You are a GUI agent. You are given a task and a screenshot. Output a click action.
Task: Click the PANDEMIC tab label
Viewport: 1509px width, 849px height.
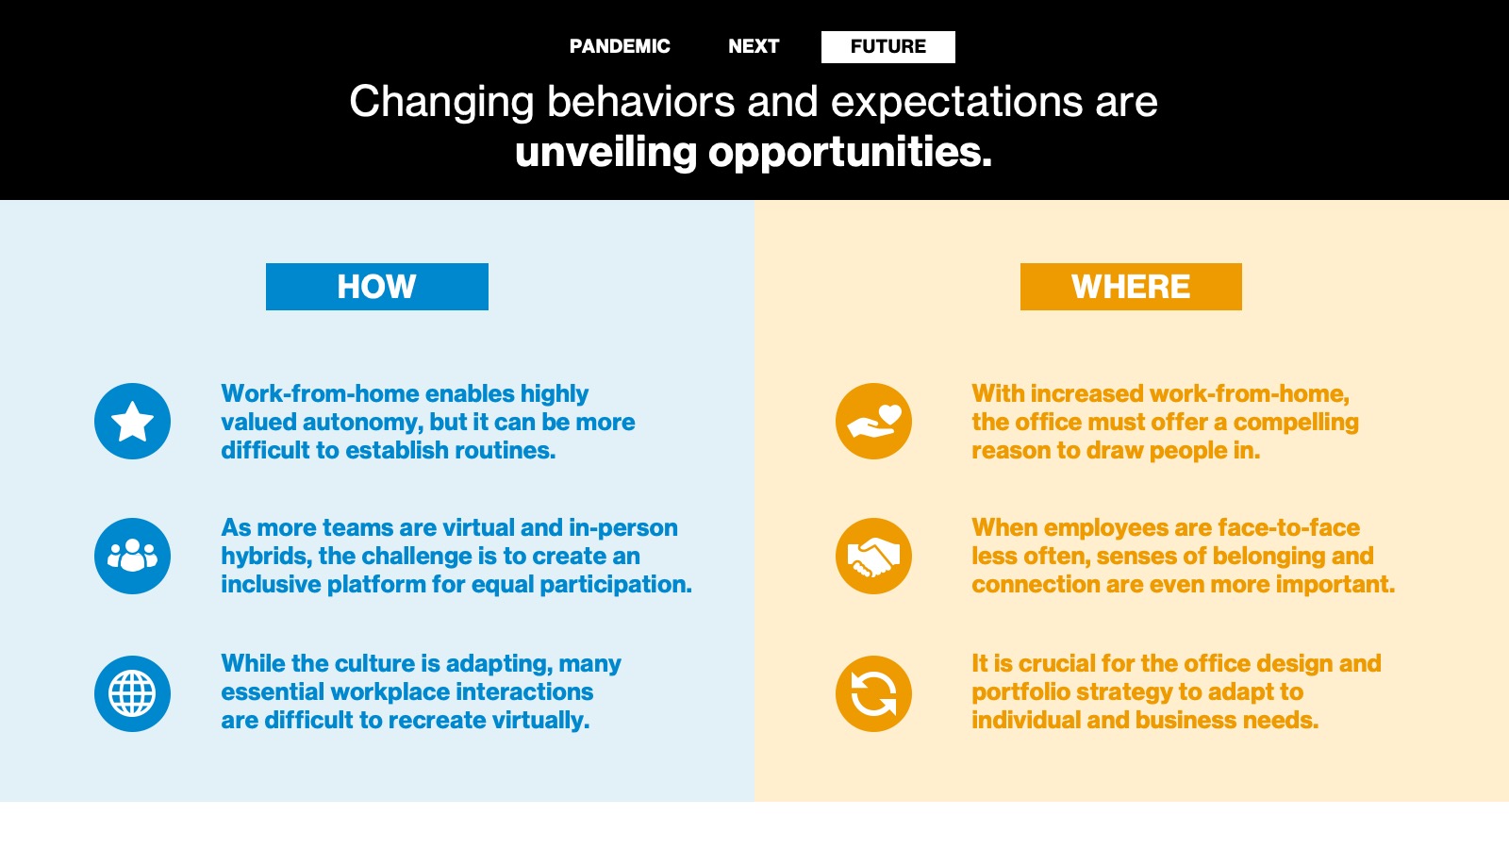[620, 46]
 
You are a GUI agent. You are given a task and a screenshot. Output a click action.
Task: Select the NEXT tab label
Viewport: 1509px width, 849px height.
[754, 46]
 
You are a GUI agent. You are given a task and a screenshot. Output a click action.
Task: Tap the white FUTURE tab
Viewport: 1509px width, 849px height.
[887, 47]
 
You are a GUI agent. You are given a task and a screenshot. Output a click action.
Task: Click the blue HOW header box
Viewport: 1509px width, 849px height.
[377, 287]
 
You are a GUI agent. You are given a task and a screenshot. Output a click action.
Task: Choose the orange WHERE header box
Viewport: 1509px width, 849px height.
[1131, 287]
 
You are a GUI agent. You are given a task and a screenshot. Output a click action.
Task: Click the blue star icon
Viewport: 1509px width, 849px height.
[133, 421]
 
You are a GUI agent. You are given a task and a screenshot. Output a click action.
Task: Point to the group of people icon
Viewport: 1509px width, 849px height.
[133, 556]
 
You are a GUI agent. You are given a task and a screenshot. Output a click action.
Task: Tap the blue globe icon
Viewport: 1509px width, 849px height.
[133, 693]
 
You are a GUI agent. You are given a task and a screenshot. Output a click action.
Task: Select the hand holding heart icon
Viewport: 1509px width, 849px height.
[873, 421]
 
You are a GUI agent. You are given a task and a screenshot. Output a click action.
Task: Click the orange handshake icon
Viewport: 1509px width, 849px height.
[873, 556]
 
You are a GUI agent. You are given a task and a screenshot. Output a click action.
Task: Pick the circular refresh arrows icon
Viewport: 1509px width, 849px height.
[873, 693]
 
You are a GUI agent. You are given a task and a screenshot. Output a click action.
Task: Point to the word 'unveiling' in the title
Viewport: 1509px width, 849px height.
[605, 152]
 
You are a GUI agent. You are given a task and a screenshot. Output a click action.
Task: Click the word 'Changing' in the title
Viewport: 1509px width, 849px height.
[442, 103]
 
